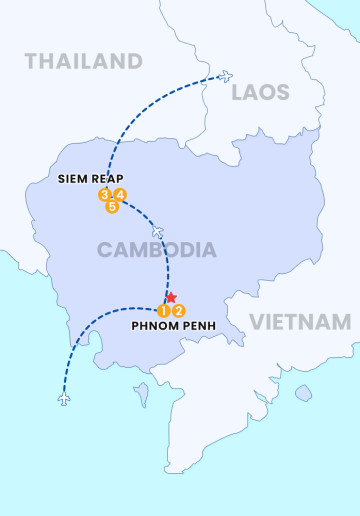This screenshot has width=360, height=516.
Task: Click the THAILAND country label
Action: coord(83,61)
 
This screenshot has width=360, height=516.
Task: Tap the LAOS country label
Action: coord(260,93)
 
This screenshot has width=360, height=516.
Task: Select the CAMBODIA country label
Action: coord(156,250)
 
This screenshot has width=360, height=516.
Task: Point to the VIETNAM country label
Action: coord(300,322)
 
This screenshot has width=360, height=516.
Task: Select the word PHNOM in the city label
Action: coord(155,325)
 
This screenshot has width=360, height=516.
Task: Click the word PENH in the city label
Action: coord(200,325)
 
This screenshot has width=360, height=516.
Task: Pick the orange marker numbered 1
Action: coord(163,310)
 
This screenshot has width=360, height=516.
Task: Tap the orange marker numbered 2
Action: coord(179,310)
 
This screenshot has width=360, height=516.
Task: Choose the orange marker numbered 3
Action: coord(104,194)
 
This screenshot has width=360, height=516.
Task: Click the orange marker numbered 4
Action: coord(120,194)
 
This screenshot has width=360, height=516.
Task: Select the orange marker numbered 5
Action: coord(112,207)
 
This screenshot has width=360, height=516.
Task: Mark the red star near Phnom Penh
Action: coord(171,297)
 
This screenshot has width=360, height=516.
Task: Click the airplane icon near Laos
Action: coord(225,76)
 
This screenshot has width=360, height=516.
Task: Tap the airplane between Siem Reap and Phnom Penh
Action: coord(157,232)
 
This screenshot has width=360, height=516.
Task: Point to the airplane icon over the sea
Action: coord(65,399)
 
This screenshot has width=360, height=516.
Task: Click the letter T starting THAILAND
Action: coord(31,61)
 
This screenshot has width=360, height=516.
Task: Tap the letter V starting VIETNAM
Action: coord(256,322)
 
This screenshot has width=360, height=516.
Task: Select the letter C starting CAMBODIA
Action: coord(104,250)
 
